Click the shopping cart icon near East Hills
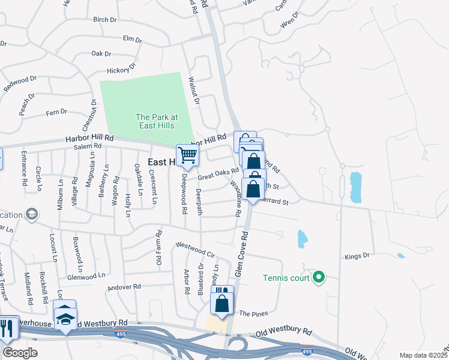[x=188, y=155]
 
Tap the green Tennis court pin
[x=319, y=277]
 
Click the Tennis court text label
[x=286, y=278]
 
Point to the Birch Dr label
[x=104, y=20]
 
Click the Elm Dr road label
[x=131, y=40]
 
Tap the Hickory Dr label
[x=118, y=71]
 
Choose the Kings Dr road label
[x=356, y=257]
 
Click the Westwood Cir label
[x=194, y=250]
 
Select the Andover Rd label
[x=124, y=287]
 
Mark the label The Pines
[x=253, y=314]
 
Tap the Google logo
[x=20, y=353]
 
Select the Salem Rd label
[x=88, y=146]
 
